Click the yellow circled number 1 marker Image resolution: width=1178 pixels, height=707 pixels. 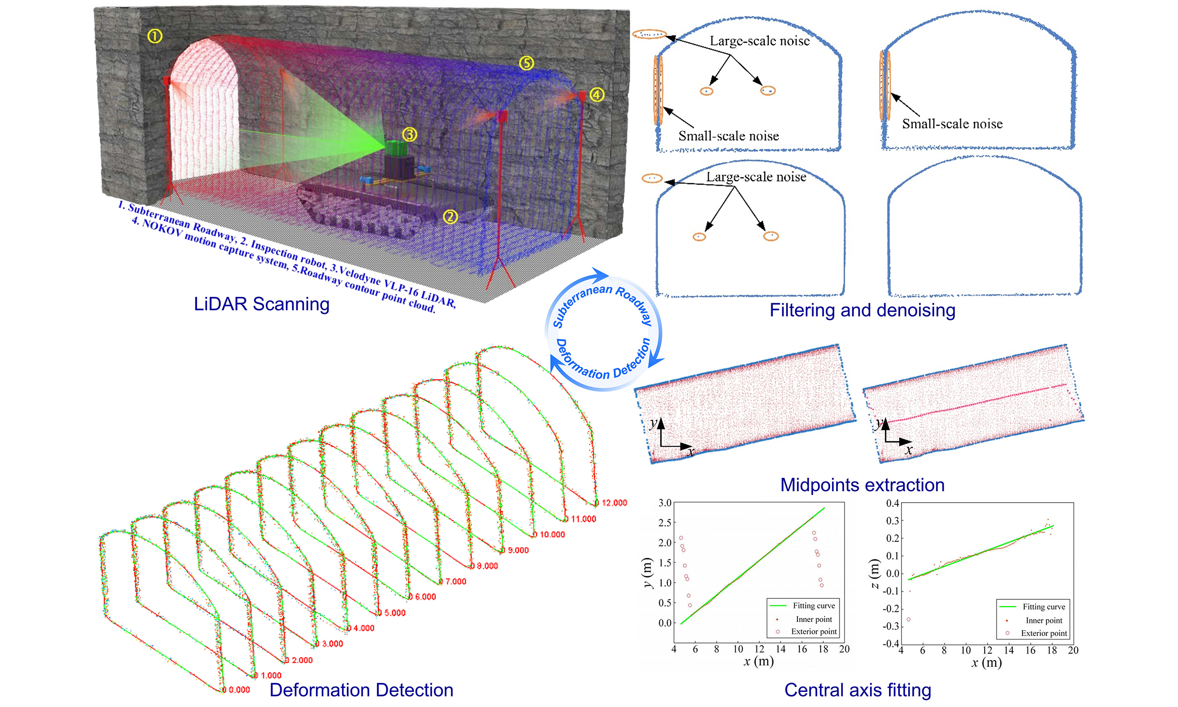(x=155, y=36)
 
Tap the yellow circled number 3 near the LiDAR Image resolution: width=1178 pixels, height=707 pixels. (x=410, y=135)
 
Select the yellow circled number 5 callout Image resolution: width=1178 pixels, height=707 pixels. (x=526, y=63)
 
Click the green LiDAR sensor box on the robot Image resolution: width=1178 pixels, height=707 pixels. (x=396, y=149)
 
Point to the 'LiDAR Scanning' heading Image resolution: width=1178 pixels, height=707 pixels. (x=261, y=304)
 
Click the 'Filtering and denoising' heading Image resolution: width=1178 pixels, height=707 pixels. (x=862, y=310)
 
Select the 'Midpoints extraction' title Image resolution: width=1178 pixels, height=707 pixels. (x=862, y=485)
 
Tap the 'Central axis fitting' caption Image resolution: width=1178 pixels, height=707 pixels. (x=858, y=690)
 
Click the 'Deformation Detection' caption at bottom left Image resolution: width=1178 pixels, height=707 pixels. (x=361, y=690)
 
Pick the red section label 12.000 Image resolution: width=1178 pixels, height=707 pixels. (x=614, y=503)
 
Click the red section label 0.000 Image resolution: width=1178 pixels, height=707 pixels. (x=239, y=690)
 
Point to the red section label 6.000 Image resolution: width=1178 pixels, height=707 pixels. (x=425, y=597)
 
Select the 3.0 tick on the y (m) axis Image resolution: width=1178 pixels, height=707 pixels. (x=665, y=503)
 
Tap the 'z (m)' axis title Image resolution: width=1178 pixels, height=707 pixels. (x=874, y=574)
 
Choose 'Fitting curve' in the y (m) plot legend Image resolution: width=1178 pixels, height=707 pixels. (x=814, y=606)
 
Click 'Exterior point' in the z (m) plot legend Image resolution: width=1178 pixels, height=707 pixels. (x=1044, y=633)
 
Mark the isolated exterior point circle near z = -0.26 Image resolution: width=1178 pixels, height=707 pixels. (x=908, y=620)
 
